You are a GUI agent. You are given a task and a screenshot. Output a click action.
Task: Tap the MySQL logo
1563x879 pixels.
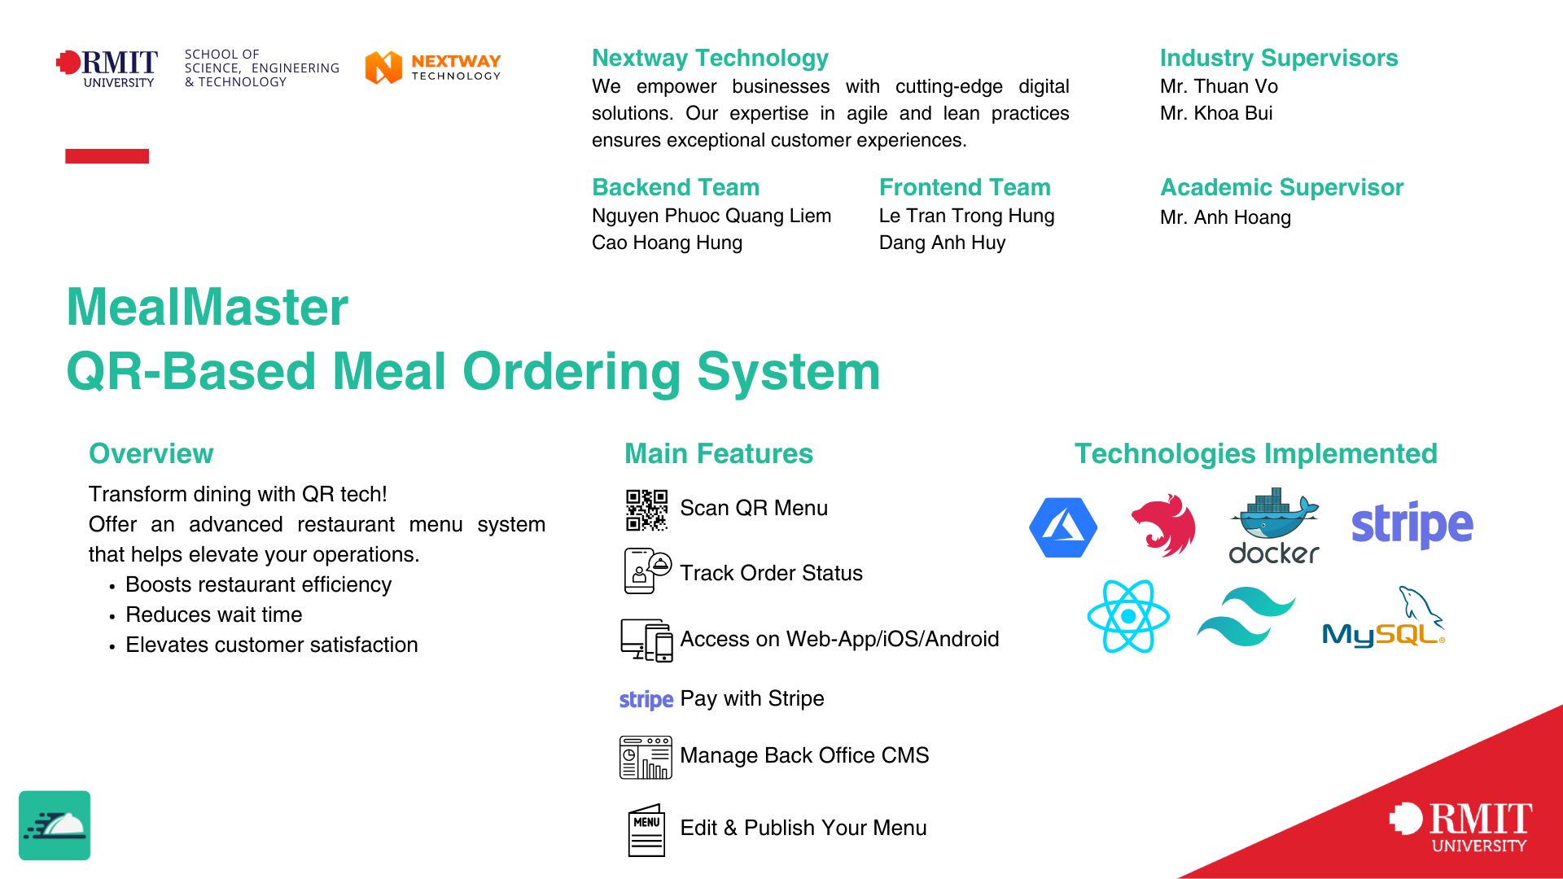1383,620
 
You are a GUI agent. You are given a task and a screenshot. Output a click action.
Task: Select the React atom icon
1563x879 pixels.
1128,616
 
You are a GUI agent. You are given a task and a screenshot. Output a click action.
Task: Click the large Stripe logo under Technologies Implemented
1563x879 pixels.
1412,525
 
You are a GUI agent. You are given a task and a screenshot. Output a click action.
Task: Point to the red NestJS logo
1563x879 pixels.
1163,526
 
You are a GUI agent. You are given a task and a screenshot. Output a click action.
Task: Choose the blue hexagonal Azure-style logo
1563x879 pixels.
1063,527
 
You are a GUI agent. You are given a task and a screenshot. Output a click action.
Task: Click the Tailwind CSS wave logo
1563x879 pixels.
1246,616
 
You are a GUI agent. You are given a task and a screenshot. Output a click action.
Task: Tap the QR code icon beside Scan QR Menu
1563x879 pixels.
646,509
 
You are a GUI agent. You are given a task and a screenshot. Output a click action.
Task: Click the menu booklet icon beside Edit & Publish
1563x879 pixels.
646,829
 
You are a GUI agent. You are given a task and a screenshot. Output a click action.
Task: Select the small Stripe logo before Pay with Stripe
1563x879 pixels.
646,700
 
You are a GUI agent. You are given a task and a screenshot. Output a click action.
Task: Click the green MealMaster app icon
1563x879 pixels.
55,825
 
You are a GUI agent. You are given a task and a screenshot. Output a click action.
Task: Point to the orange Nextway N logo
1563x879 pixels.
383,68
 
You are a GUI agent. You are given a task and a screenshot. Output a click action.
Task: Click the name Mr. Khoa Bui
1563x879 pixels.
1216,113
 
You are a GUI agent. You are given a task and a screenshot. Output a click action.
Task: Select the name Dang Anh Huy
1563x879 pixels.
942,243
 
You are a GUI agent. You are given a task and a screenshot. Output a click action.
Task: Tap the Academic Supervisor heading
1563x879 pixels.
1281,187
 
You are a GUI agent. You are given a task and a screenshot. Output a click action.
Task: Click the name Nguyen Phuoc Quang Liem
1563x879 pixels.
711,216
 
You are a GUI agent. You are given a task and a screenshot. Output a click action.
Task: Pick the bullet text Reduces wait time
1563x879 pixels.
214,614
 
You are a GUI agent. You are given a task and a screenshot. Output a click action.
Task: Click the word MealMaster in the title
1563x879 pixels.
208,307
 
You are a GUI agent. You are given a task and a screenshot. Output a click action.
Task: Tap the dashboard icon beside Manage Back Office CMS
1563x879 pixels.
646,757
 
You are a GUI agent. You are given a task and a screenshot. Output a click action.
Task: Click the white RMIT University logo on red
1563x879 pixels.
1460,827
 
